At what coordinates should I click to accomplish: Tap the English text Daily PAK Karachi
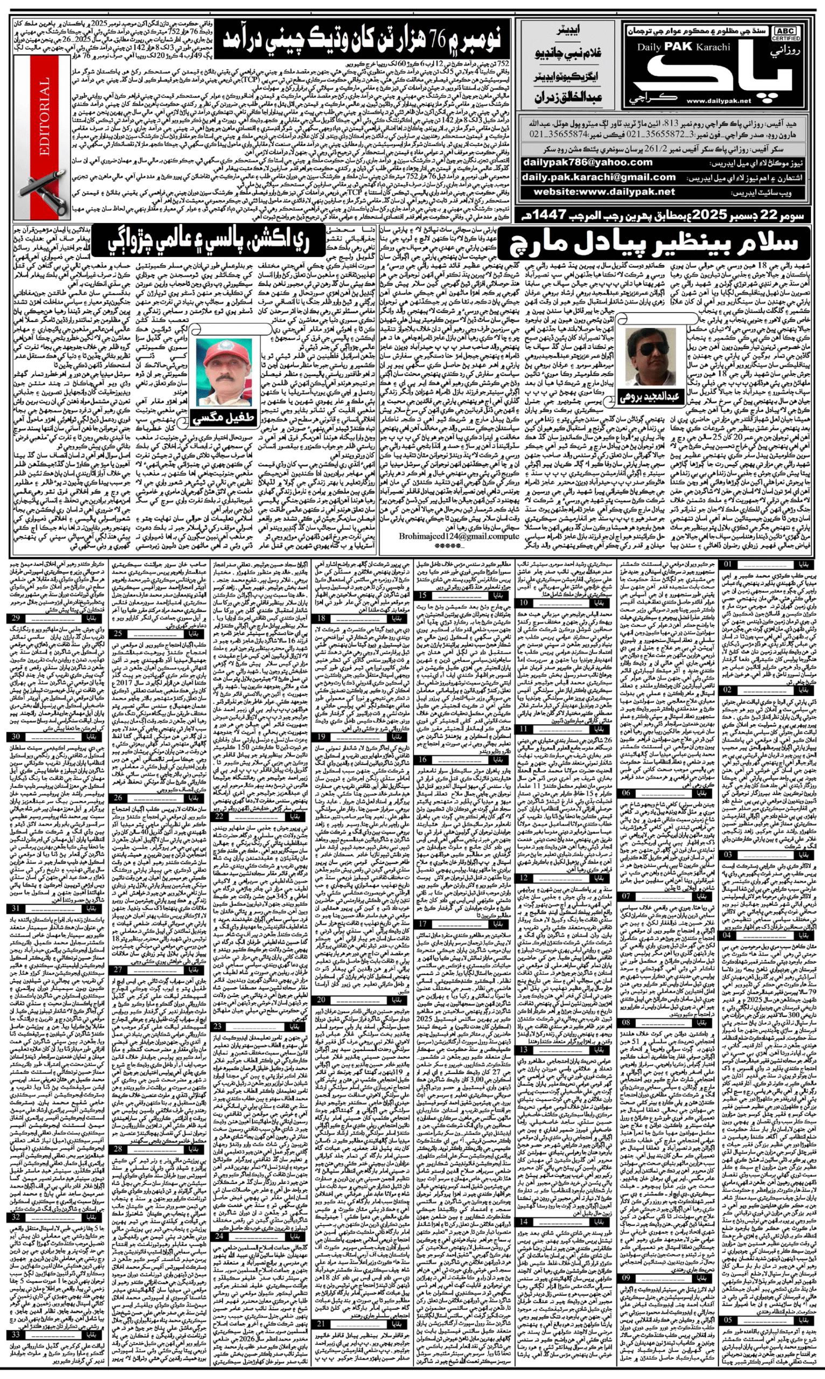683,47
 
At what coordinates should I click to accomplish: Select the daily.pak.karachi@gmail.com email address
599,177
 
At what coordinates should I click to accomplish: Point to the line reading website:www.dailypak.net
604,192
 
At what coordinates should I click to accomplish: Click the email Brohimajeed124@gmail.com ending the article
459,537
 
